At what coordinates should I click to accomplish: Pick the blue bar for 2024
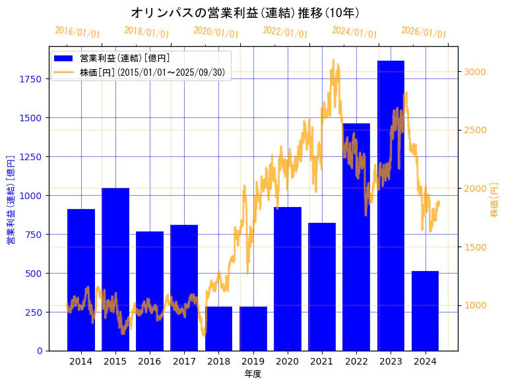pyautogui.click(x=425, y=311)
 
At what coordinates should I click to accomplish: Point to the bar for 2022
pyautogui.click(x=356, y=237)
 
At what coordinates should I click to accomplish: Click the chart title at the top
pyautogui.click(x=254, y=13)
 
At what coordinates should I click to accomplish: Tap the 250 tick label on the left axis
pyautogui.click(x=34, y=312)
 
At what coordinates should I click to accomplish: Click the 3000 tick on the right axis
pyautogui.click(x=475, y=72)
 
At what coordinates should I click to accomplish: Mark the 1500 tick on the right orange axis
pyautogui.click(x=475, y=247)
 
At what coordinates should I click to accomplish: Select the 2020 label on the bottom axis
pyautogui.click(x=288, y=361)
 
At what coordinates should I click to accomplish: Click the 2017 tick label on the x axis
pyautogui.click(x=184, y=361)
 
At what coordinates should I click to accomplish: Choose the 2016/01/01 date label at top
pyautogui.click(x=77, y=32)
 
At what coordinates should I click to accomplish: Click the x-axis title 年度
pyautogui.click(x=253, y=374)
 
